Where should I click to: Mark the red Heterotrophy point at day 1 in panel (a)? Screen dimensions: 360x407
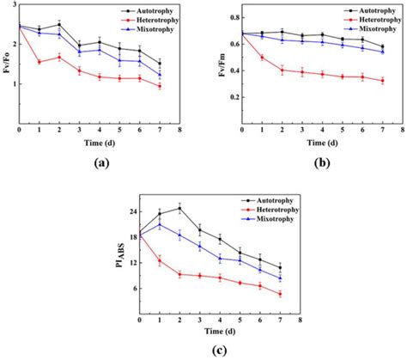click(x=38, y=62)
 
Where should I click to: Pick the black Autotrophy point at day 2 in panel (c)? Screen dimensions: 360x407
click(x=179, y=208)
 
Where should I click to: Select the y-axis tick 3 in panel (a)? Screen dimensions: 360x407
click(x=14, y=5)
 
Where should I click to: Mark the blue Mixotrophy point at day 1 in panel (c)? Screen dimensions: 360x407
click(x=160, y=225)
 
